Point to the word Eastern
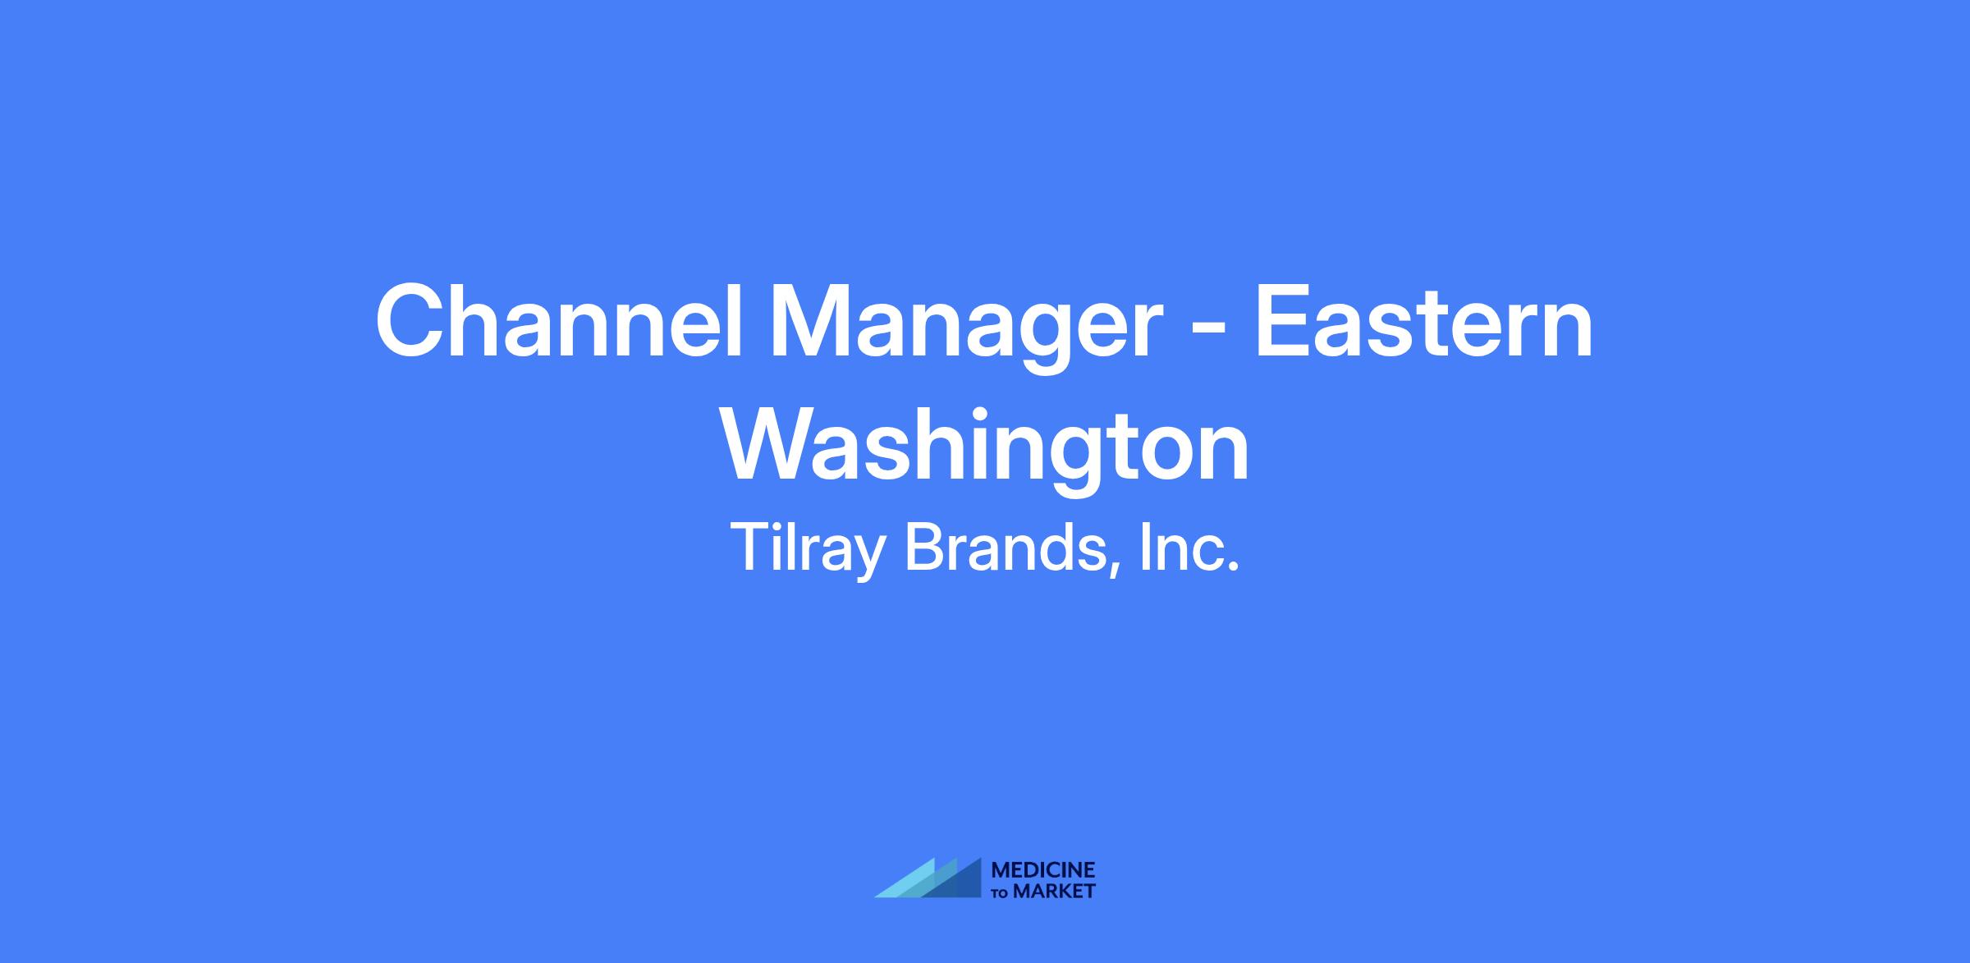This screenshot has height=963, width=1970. point(1423,322)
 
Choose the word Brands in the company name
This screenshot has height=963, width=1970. point(1006,547)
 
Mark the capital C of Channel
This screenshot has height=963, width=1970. point(412,321)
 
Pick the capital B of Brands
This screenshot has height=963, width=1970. point(923,547)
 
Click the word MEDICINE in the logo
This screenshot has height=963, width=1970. point(1043,870)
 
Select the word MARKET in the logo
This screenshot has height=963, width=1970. point(1054,891)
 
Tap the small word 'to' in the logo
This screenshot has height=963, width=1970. point(1001,892)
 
